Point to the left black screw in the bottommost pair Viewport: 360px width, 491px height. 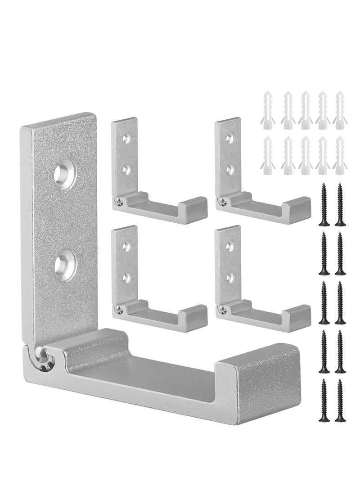click(323, 400)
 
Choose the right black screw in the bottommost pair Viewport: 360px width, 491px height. click(339, 400)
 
